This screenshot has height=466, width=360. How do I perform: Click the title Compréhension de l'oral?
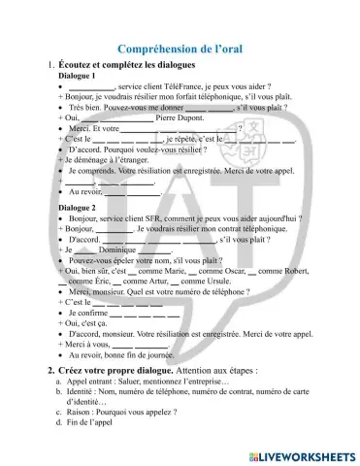pos(180,49)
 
